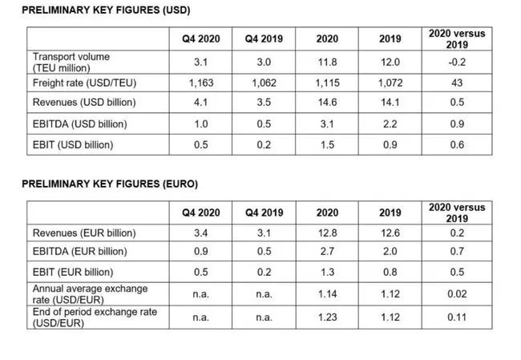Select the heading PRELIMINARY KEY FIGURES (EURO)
[x=109, y=184]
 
